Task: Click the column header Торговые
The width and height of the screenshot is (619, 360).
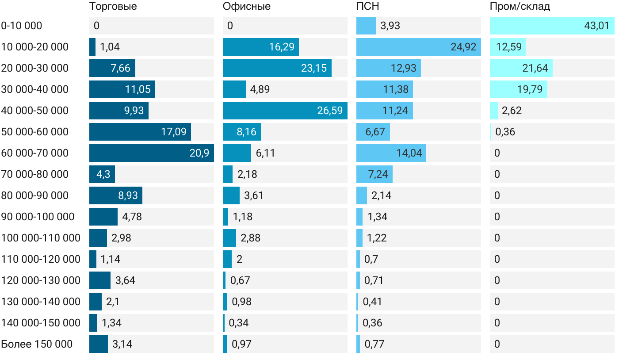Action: (x=113, y=7)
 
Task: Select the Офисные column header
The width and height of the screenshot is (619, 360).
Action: (x=247, y=7)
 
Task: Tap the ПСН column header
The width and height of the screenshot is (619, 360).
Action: (x=368, y=7)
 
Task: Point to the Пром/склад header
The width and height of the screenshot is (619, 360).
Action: (x=520, y=7)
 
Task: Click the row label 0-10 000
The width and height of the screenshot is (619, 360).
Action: (x=22, y=26)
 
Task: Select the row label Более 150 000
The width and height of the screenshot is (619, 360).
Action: (x=37, y=344)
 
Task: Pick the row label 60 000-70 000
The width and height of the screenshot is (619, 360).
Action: (x=35, y=153)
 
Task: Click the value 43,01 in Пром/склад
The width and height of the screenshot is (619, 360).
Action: (x=596, y=26)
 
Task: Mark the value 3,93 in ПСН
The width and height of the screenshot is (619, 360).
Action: (x=390, y=26)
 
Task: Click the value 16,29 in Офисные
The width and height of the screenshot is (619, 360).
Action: (x=282, y=47)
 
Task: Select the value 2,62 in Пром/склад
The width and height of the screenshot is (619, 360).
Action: (x=512, y=111)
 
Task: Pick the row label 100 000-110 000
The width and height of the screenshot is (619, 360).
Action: (x=41, y=238)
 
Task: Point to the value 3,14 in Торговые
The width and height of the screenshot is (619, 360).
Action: (x=122, y=344)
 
